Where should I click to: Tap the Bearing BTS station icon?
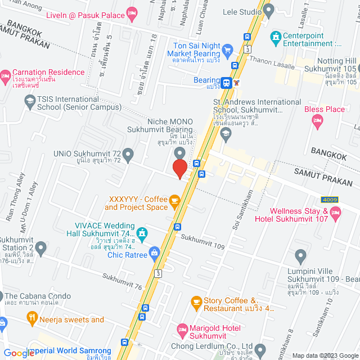pyautogui.click(x=226, y=82)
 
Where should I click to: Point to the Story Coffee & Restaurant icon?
pyautogui.click(x=196, y=302)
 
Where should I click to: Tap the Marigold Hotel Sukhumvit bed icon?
pyautogui.click(x=182, y=328)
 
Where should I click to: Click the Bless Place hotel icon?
pyautogui.click(x=317, y=119)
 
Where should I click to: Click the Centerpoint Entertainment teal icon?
pyautogui.click(x=276, y=38)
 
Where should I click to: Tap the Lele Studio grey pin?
pyautogui.click(x=268, y=10)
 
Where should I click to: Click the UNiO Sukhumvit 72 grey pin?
pyautogui.click(x=128, y=154)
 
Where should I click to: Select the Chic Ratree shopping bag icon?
pyautogui.click(x=154, y=253)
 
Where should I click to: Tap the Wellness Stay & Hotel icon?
pyautogui.click(x=336, y=212)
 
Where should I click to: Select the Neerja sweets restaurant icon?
pyautogui.click(x=33, y=319)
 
